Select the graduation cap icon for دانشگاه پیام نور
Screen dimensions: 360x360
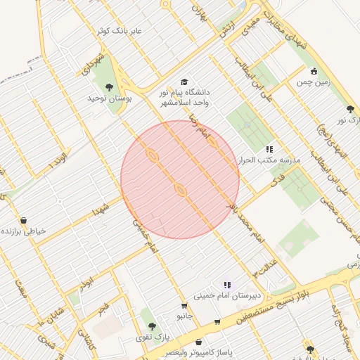coord(184,82)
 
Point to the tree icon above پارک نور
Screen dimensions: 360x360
coord(350,109)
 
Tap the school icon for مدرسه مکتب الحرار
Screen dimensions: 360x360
coord(269,149)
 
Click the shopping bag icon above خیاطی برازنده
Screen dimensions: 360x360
coord(24,221)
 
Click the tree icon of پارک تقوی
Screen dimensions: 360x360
coord(152,326)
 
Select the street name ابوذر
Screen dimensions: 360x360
coord(86,283)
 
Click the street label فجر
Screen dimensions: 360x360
coord(103,309)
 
